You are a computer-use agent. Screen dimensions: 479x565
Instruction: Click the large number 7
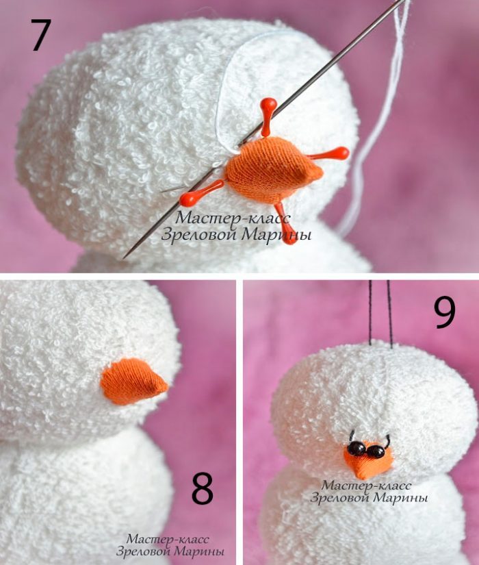click(40, 35)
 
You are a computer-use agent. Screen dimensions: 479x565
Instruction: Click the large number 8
click(202, 488)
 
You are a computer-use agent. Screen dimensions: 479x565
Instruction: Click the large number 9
click(445, 312)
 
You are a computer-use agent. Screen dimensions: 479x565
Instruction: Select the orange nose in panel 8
click(133, 381)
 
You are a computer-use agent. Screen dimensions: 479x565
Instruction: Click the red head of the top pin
click(268, 105)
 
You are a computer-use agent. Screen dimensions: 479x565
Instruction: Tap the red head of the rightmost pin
click(341, 153)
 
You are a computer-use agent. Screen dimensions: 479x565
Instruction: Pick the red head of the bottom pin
click(289, 237)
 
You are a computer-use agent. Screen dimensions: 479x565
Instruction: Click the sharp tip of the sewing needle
click(124, 258)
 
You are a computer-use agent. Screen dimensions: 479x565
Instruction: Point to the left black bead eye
click(357, 449)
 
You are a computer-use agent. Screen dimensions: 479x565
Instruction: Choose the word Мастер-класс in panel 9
click(366, 485)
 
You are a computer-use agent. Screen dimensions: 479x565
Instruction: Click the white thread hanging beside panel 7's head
click(374, 119)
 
